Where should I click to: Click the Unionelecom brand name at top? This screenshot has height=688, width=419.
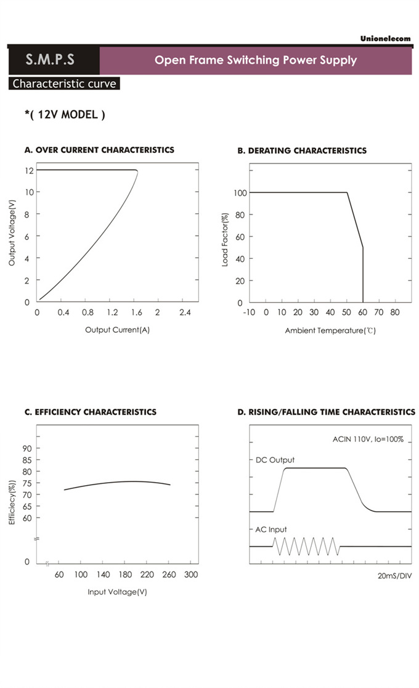[x=385, y=38]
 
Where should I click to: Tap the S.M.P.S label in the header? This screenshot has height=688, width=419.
[x=50, y=60]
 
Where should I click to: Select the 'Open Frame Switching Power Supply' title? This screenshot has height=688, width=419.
[x=255, y=60]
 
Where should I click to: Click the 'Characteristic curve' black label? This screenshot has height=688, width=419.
[x=64, y=84]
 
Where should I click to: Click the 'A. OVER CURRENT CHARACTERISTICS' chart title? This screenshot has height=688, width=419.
[x=99, y=150]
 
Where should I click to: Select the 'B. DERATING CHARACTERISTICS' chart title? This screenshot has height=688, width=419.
[x=302, y=150]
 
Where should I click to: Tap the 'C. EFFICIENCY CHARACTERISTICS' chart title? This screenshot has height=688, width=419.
[x=90, y=412]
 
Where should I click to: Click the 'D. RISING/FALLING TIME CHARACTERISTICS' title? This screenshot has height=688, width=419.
[x=326, y=412]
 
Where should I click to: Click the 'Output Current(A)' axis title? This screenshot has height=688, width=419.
[x=117, y=330]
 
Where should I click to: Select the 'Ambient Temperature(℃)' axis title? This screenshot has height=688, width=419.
[x=330, y=330]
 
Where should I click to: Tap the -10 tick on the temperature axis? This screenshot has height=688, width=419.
[x=249, y=313]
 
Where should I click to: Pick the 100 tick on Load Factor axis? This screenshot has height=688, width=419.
[x=240, y=193]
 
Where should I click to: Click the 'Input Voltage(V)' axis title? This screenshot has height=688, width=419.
[x=117, y=592]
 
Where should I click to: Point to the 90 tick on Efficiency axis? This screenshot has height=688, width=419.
[x=26, y=448]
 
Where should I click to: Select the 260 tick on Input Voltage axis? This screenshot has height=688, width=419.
[x=168, y=575]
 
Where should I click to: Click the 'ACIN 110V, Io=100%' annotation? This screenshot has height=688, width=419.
[x=368, y=440]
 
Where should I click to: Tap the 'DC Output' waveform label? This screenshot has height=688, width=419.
[x=275, y=460]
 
